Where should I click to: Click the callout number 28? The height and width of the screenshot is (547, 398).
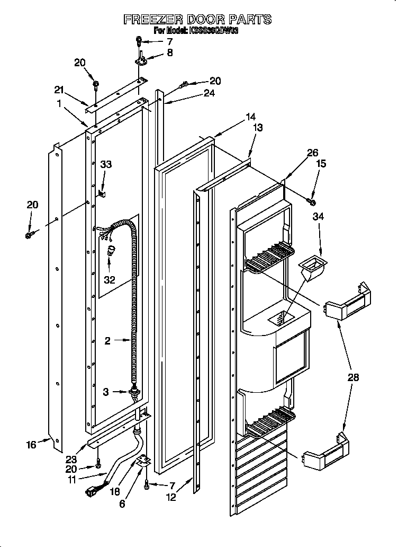point(353,377)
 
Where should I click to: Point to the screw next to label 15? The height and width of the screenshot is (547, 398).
point(311,200)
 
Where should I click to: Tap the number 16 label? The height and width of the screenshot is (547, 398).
point(31,445)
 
